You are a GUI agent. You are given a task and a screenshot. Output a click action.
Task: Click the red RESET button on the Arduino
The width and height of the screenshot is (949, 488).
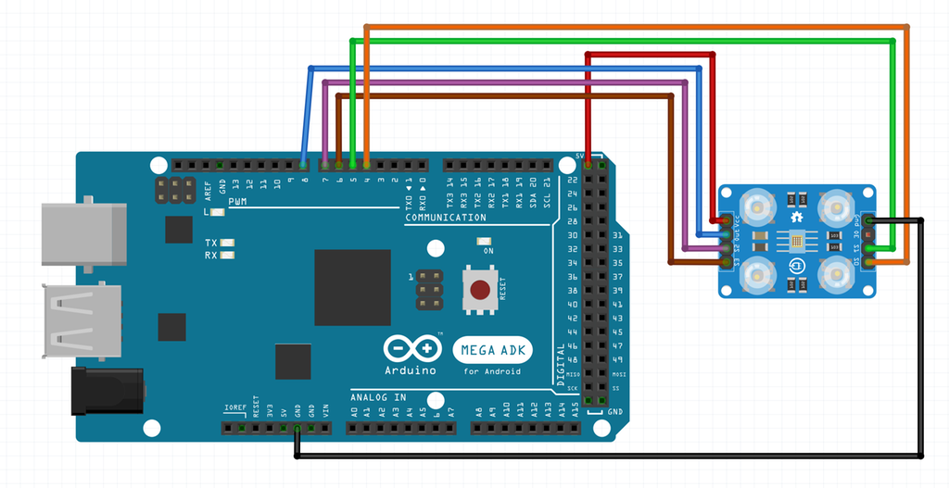coord(480,290)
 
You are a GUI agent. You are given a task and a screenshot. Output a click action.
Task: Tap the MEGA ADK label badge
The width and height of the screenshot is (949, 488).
coord(492,351)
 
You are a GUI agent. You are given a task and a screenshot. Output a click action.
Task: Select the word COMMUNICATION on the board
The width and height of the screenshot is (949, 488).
coord(446,218)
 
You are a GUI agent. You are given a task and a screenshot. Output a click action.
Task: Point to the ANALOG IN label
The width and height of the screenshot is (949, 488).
coord(378,397)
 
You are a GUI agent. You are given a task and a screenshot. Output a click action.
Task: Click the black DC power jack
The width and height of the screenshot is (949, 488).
coord(108,390)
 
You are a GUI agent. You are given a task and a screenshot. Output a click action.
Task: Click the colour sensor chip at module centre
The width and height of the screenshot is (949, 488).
coord(797,242)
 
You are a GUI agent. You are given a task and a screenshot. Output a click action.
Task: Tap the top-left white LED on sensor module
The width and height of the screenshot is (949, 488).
coord(757,206)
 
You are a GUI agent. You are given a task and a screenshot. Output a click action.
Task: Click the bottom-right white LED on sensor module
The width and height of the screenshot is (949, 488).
coord(837,274)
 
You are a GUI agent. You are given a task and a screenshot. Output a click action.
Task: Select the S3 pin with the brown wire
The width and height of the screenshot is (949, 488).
coord(725,263)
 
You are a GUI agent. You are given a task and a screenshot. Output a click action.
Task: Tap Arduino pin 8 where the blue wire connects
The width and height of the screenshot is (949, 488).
coord(304,165)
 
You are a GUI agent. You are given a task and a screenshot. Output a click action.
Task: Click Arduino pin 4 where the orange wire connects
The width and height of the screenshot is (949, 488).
coord(367,165)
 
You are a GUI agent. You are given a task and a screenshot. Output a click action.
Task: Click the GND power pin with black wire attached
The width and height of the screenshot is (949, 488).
coord(297,429)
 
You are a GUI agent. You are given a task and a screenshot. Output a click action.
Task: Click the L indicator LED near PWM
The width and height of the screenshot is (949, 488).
coord(218,212)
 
